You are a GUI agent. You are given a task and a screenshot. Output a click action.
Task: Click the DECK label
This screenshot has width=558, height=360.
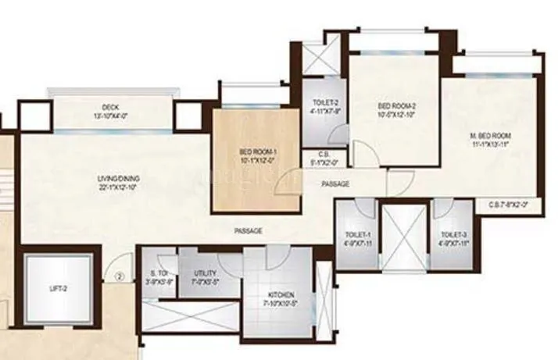pos(109,107)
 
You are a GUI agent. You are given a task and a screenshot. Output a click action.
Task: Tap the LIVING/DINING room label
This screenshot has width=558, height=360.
pos(107,180)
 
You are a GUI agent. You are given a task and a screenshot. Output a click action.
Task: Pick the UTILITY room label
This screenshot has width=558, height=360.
pos(204,273)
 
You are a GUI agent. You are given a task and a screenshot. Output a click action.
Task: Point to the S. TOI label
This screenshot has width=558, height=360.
pos(160,273)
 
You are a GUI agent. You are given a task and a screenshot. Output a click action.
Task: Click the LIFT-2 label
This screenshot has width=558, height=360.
pos(59,288)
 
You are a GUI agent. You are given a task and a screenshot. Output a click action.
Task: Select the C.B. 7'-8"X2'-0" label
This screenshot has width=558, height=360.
pos(509,205)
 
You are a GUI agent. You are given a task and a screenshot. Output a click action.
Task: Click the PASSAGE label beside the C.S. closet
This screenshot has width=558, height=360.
pos(334,184)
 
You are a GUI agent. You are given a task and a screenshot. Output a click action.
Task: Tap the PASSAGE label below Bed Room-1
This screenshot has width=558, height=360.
pos(247,231)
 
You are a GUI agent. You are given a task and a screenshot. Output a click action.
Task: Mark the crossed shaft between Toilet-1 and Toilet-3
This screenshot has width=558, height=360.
pos(404,236)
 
